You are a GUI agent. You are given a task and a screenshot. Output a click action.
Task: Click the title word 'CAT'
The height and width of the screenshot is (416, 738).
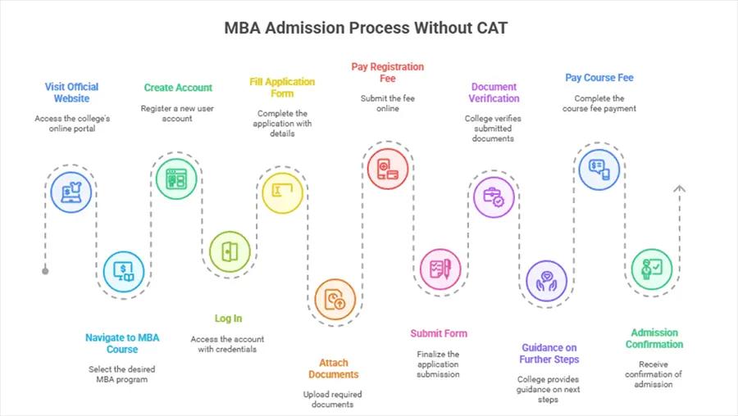490,29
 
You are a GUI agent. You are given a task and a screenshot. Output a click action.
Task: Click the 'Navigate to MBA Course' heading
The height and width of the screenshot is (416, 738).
122,343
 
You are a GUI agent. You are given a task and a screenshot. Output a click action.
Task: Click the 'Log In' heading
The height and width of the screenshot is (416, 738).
228,319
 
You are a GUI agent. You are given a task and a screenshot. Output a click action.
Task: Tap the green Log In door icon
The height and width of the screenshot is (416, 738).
230,251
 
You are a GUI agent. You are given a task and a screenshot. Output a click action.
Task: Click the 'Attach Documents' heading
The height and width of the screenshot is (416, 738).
334,369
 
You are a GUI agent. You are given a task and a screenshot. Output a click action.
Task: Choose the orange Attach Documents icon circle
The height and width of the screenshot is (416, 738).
335,299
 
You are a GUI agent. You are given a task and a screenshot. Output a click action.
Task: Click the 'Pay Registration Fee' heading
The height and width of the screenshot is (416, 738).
387,72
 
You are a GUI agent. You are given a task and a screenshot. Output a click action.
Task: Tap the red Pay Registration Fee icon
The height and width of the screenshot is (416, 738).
387,169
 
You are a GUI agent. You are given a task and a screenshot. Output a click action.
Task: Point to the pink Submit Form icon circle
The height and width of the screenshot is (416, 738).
440,269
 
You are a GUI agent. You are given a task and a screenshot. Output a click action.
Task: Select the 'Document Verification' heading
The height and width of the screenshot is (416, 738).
494,93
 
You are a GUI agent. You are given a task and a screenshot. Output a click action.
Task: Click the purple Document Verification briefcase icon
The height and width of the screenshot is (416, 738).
494,197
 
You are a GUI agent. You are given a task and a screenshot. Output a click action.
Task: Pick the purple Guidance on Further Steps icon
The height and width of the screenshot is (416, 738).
545,281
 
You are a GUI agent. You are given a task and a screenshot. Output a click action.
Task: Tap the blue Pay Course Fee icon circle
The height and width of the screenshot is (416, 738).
599,169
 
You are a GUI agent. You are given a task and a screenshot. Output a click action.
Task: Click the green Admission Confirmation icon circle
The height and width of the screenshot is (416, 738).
652,269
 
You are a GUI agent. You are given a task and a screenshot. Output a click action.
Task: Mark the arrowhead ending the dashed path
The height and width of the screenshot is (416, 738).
679,189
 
